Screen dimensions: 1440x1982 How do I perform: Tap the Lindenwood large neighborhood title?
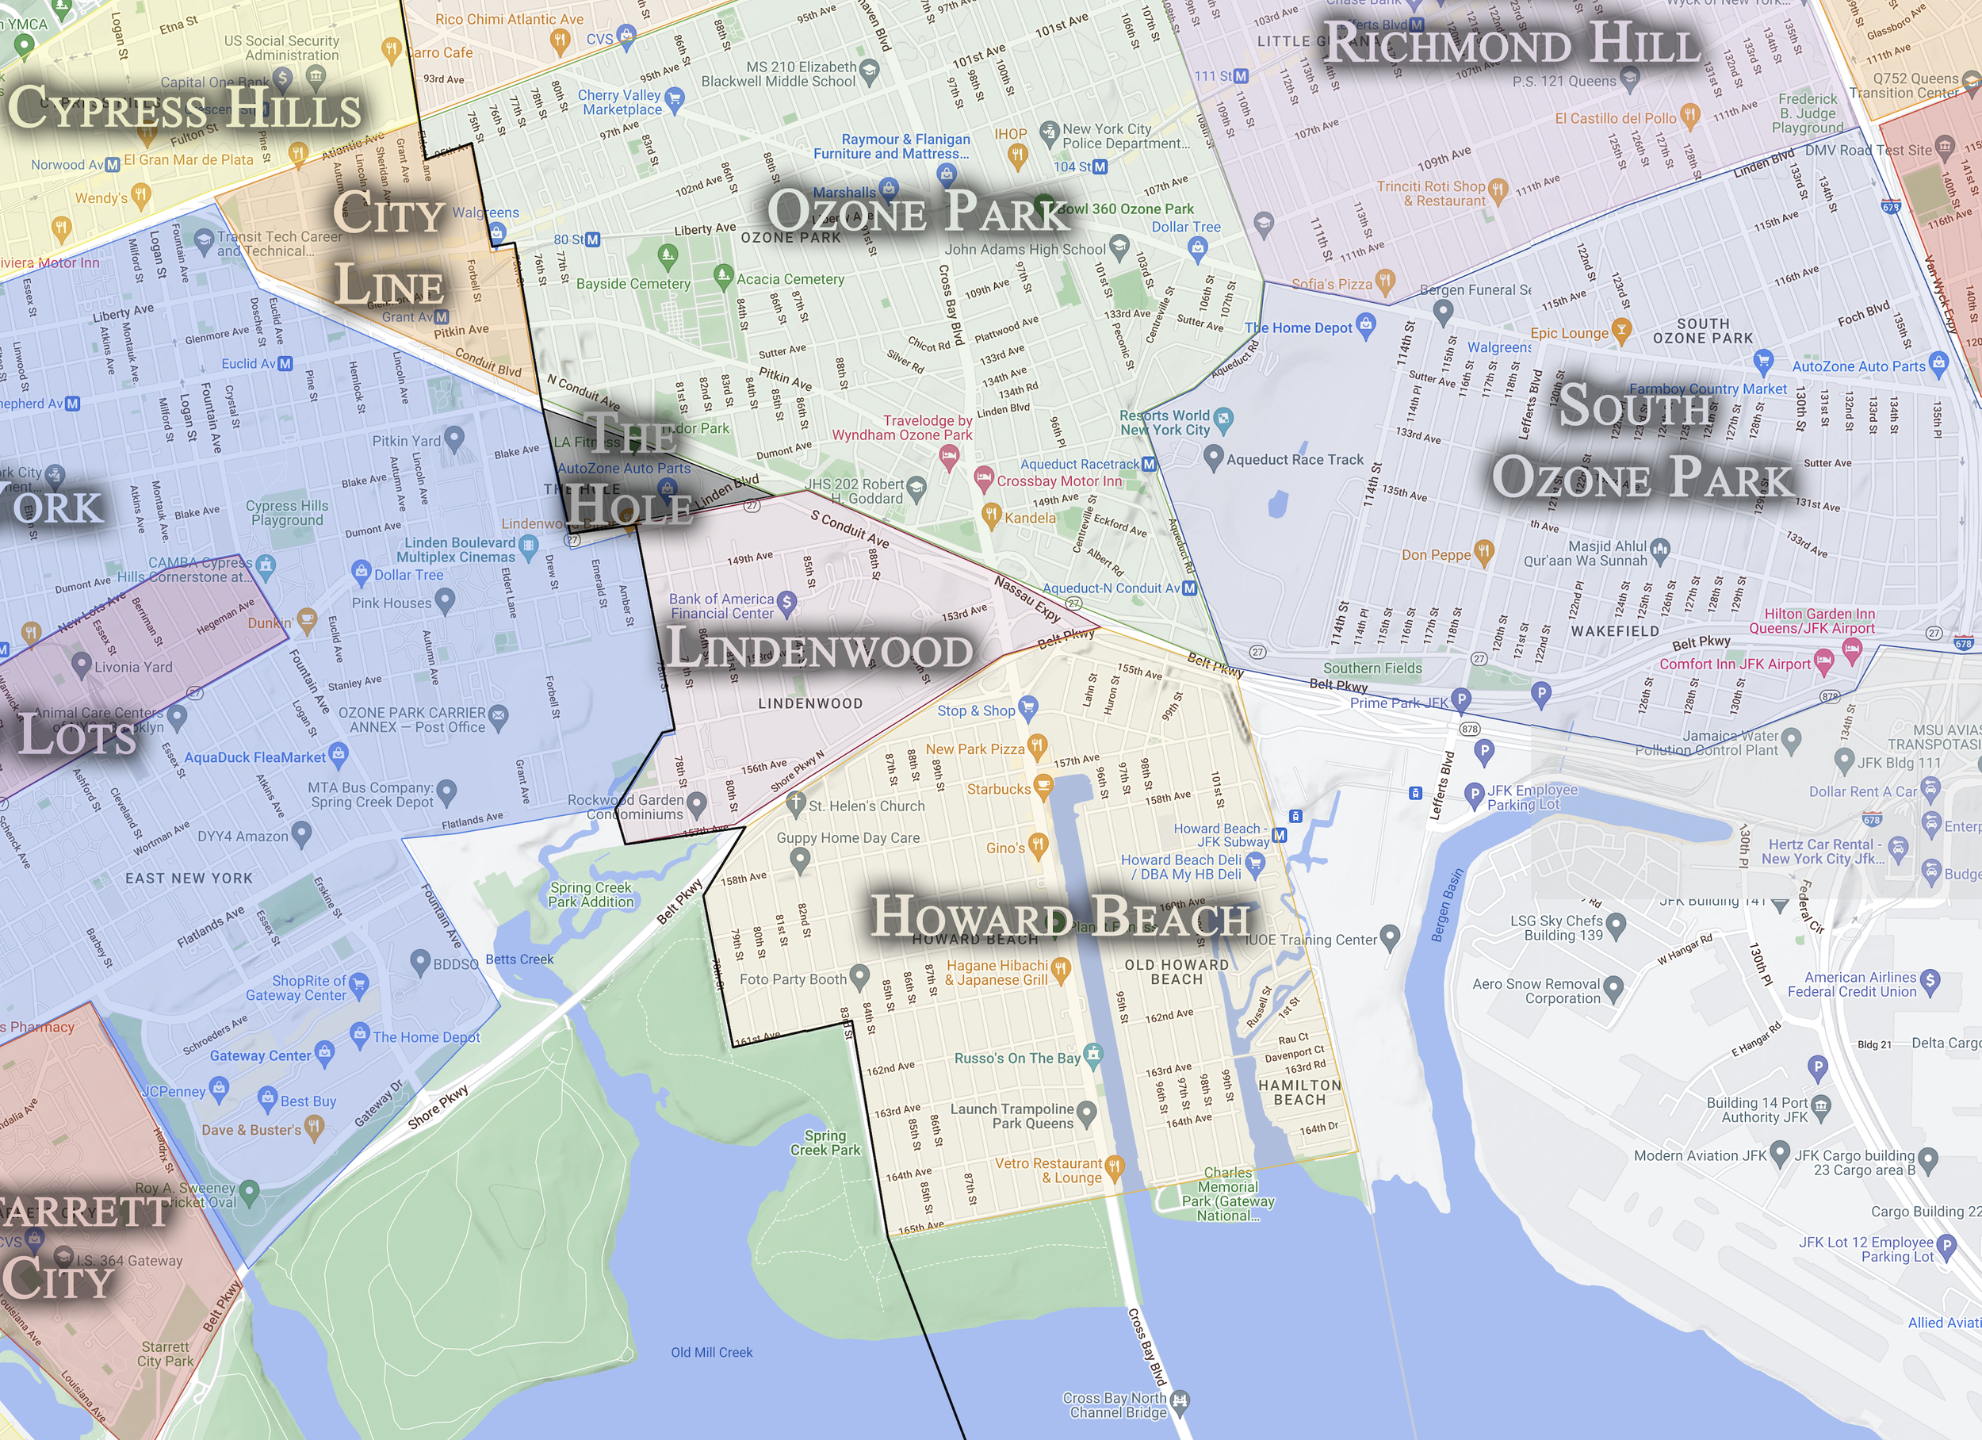click(x=818, y=649)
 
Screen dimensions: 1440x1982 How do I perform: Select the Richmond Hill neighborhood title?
click(x=1512, y=43)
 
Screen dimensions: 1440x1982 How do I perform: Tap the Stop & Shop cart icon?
click(x=1027, y=706)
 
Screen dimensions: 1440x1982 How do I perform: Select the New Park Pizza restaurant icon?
click(x=1036, y=746)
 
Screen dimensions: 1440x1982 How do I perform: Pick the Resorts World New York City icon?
click(x=1223, y=418)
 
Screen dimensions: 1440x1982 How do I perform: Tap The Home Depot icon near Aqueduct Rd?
click(x=1366, y=324)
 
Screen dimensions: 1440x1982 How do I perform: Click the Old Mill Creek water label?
click(x=711, y=1353)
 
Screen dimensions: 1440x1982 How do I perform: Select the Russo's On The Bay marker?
click(x=1093, y=1055)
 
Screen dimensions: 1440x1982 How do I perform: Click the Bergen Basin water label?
click(x=1447, y=906)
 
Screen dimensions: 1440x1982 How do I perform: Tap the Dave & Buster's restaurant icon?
click(x=315, y=1126)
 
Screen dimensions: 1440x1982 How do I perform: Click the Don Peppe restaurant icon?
click(x=1483, y=551)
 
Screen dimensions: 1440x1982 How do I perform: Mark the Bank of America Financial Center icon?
click(x=786, y=602)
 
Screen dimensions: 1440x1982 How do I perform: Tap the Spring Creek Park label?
click(x=825, y=1143)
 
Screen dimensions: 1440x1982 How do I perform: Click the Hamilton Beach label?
click(x=1299, y=1092)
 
